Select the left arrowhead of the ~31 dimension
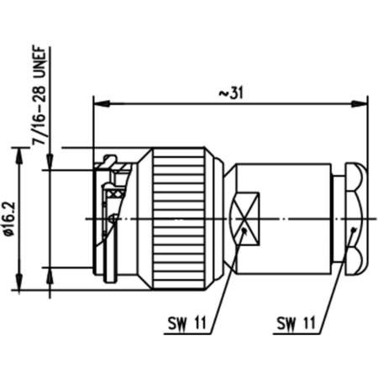[x=97, y=105]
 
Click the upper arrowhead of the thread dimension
[x=50, y=165]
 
